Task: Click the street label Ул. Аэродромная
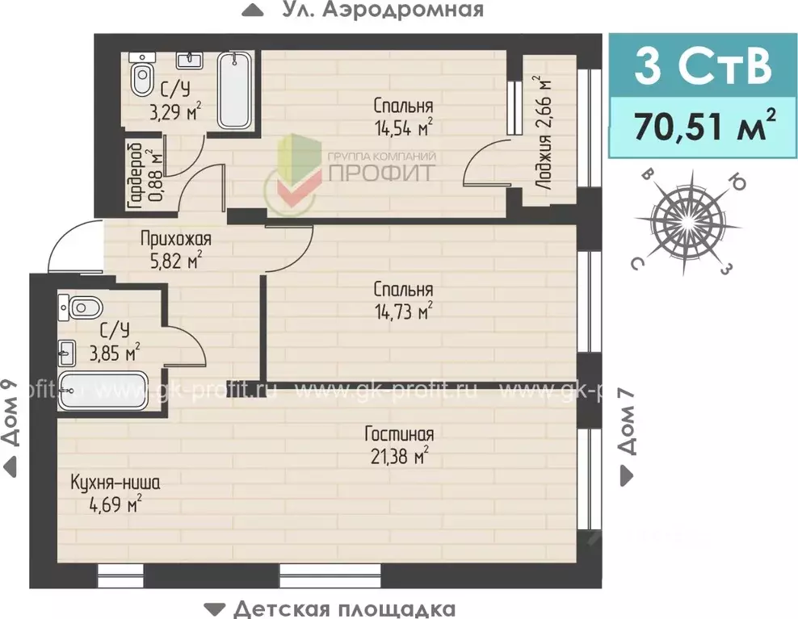point(383,10)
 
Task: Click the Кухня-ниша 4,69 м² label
point(115,493)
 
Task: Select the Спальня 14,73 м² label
point(403,299)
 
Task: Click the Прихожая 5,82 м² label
point(174,249)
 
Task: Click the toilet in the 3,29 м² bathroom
point(141,79)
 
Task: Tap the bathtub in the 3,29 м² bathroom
point(235,90)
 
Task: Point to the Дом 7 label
point(628,433)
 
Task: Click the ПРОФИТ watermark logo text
point(380,171)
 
